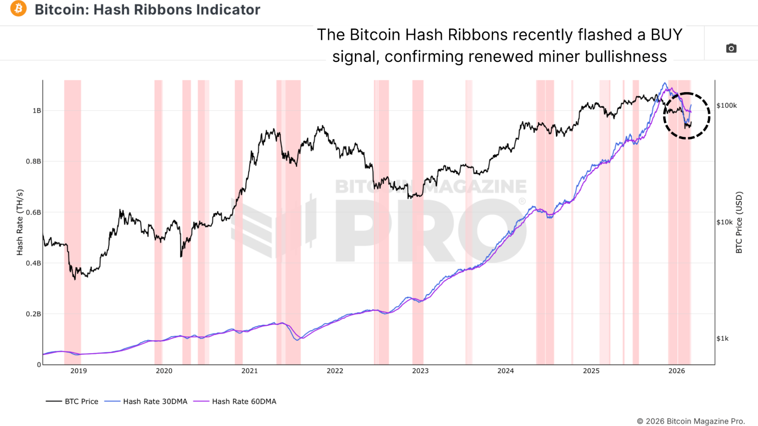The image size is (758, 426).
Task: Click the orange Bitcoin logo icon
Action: pyautogui.click(x=18, y=9)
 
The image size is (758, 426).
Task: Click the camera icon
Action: pyautogui.click(x=731, y=49)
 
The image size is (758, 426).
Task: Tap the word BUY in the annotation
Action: pyautogui.click(x=666, y=35)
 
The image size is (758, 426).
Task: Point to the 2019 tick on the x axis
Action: pyautogui.click(x=78, y=371)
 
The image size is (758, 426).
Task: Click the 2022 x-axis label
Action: pyautogui.click(x=335, y=371)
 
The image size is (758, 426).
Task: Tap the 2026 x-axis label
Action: pyautogui.click(x=676, y=371)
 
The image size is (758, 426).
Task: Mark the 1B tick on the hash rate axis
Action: pyautogui.click(x=37, y=111)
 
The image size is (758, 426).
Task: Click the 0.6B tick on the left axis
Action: pyautogui.click(x=33, y=212)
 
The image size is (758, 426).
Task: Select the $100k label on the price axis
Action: pyautogui.click(x=727, y=106)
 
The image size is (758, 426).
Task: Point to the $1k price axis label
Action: pyautogui.click(x=722, y=338)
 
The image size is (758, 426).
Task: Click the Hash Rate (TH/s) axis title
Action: pyautogui.click(x=20, y=222)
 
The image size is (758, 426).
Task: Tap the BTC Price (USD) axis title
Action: pyautogui.click(x=739, y=222)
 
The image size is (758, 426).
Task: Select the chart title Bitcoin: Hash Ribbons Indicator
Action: pyautogui.click(x=147, y=9)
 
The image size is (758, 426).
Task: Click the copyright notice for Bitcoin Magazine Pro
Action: pyautogui.click(x=691, y=421)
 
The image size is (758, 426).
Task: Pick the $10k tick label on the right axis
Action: pyautogui.click(x=725, y=222)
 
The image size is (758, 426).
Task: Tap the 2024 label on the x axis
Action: pyautogui.click(x=505, y=371)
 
